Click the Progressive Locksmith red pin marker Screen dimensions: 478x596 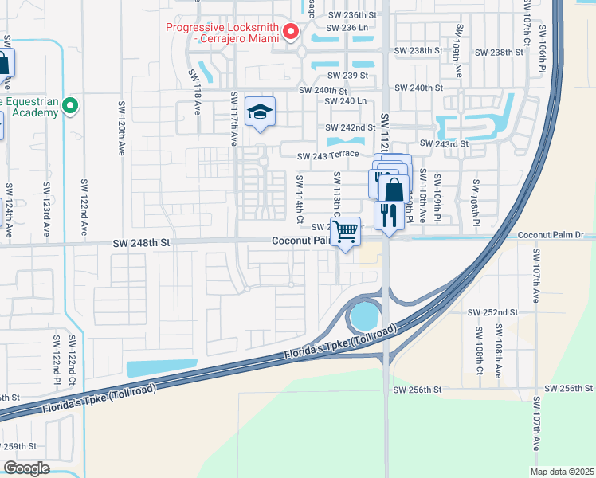[x=291, y=32]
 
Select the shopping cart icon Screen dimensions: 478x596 [x=345, y=233]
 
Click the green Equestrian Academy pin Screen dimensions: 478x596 [x=70, y=105]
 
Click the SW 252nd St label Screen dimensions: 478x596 [x=492, y=312]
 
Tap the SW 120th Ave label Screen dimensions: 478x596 [x=122, y=127]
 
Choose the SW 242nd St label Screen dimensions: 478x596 [x=350, y=127]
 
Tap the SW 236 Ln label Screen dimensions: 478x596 [x=346, y=26]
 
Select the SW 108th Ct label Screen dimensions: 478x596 [x=479, y=342]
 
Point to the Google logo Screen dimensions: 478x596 [x=26, y=468]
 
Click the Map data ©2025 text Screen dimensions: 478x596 [x=561, y=472]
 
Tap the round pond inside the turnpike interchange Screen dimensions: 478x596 [x=363, y=318]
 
